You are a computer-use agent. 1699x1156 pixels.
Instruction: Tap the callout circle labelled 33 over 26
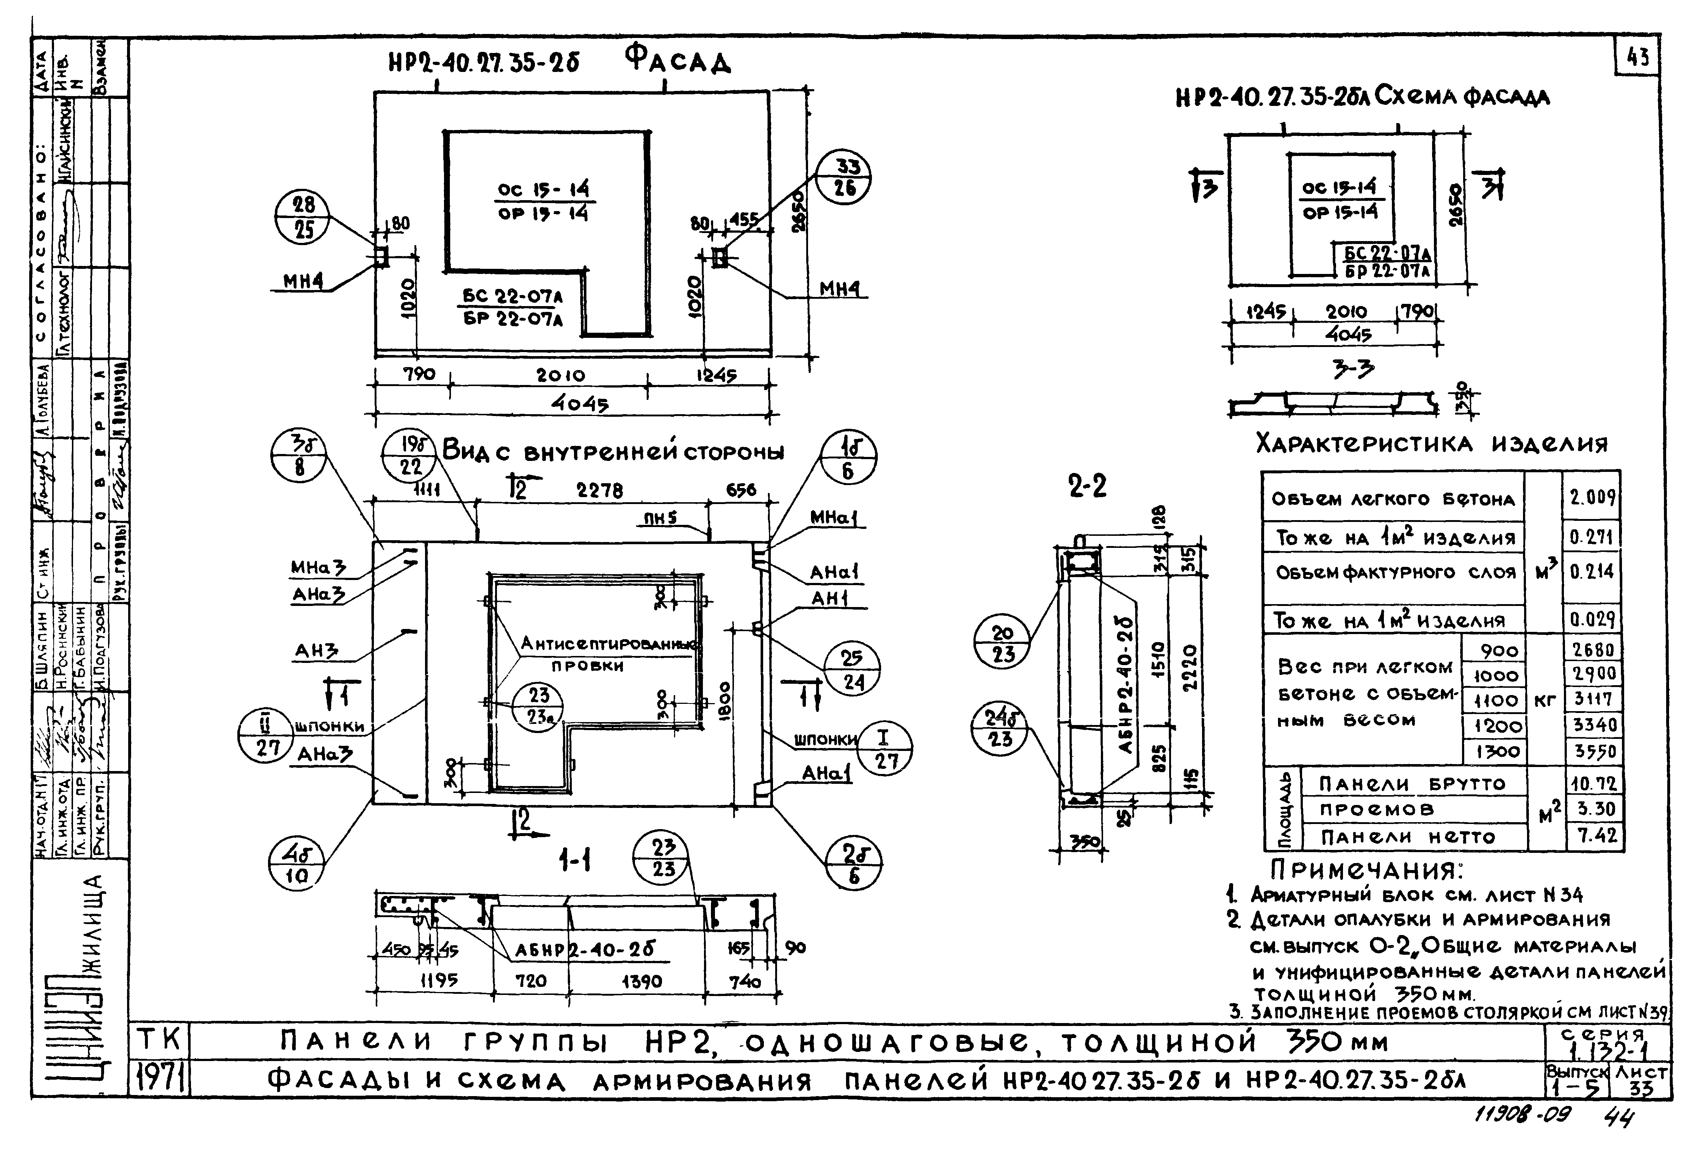pos(844,178)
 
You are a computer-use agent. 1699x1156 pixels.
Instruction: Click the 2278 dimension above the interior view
pos(600,490)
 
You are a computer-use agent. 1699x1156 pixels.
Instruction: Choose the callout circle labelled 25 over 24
pos(852,670)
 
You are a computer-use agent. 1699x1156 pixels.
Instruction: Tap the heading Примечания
pos(1367,870)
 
